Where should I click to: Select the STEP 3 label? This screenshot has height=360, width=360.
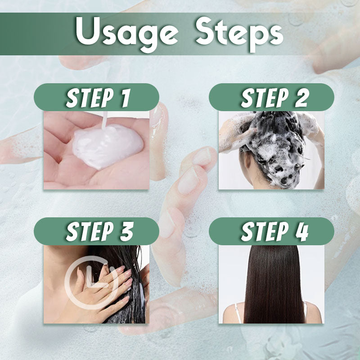97,231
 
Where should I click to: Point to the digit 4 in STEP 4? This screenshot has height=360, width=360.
301,231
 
